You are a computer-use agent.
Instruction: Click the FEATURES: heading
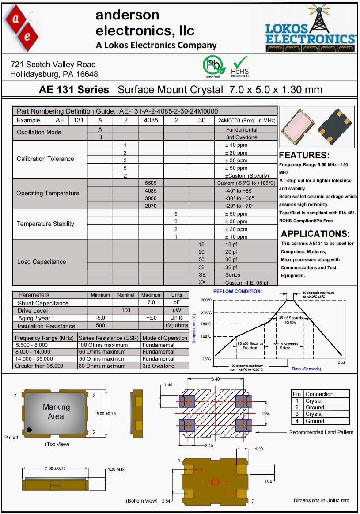pyautogui.click(x=304, y=155)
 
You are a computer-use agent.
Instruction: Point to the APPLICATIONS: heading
pyautogui.click(x=315, y=234)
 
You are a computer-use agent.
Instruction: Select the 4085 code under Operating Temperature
pyautogui.click(x=151, y=190)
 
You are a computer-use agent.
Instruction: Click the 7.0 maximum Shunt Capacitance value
pyautogui.click(x=151, y=303)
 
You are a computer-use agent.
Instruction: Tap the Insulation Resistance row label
pyautogui.click(x=46, y=326)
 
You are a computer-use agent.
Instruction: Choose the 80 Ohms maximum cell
pyautogui.click(x=103, y=366)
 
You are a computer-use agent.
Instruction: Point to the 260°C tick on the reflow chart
pyautogui.click(x=206, y=300)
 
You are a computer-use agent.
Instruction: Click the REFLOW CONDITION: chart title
pyautogui.click(x=237, y=291)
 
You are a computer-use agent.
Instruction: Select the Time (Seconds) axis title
pyautogui.click(x=306, y=369)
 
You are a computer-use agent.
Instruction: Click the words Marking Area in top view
pyautogui.click(x=56, y=411)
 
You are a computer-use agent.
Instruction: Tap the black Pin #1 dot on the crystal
pyautogui.click(x=29, y=430)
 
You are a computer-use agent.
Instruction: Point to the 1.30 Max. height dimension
pyautogui.click(x=117, y=469)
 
